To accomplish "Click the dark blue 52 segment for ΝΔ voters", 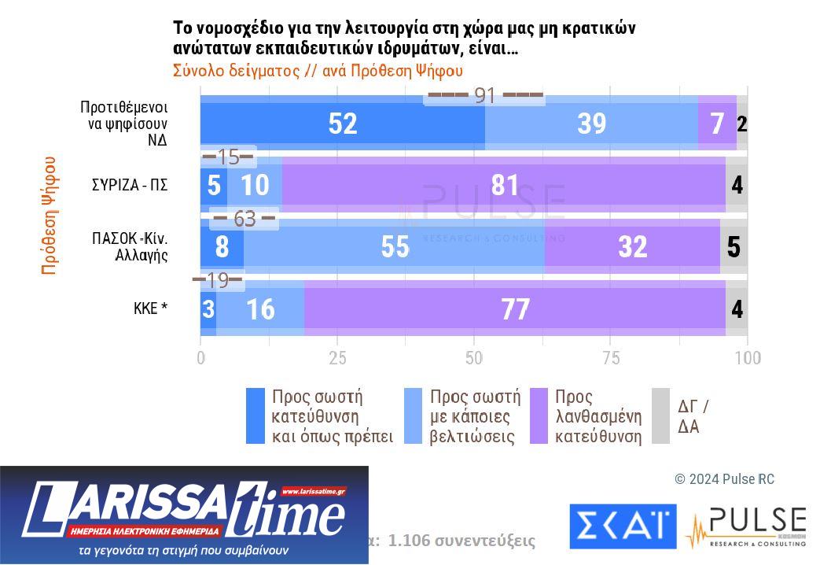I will pos(343,124).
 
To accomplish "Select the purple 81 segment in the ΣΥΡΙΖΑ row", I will pos(503,185).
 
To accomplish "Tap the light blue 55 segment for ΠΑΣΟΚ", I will pos(394,246).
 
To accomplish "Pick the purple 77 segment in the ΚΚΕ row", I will pos(514,308).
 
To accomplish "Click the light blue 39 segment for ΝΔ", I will pos(591,124).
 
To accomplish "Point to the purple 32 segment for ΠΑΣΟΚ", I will pos(631,246).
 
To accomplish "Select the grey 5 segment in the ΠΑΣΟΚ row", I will pos(734,246).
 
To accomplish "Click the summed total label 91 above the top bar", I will pos(484,96).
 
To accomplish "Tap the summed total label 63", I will pos(245,219).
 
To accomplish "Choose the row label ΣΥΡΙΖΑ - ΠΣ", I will pos(130,186).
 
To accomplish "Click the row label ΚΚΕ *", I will pos(150,308).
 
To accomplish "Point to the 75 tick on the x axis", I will pos(611,358).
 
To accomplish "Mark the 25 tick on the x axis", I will pos(337,358).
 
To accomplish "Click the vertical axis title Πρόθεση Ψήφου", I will pos(49,215).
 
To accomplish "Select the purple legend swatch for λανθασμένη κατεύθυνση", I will pos(539,415).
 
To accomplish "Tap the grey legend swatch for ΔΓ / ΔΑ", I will pos(660,415).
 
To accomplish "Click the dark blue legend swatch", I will pos(256,415).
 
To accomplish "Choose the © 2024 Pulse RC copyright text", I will pos(724,479).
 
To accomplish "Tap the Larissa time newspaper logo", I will pos(184,515).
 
